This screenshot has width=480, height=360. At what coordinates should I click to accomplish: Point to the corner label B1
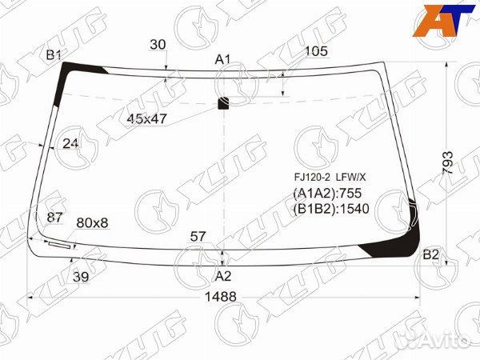coord(54,54)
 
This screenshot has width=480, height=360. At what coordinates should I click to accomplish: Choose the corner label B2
coord(430,255)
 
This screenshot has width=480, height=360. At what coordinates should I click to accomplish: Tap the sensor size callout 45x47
coord(147,118)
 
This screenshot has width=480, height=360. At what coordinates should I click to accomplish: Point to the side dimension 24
coord(70,143)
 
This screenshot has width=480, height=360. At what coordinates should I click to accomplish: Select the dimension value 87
coord(54,218)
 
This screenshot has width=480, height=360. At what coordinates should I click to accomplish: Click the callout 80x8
coord(92,222)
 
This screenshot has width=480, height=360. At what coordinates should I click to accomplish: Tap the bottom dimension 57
coord(198,236)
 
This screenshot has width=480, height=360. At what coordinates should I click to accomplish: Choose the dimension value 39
coord(81,276)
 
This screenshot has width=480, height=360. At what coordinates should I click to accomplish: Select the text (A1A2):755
coord(328,194)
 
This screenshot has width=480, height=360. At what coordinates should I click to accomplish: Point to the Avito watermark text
coord(444,342)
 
